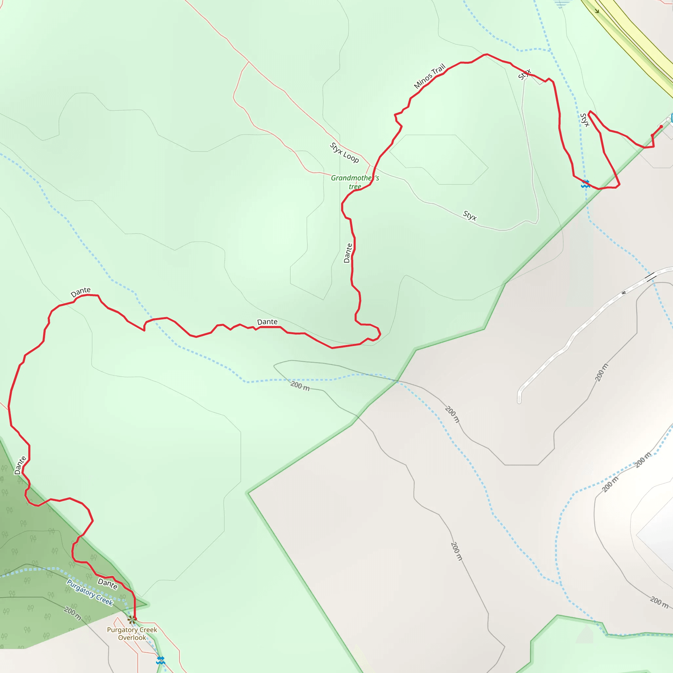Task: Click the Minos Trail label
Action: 429,76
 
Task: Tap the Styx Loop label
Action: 344,152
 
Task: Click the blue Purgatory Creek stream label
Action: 90,592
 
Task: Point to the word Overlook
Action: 132,638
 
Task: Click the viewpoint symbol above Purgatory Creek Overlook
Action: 131,620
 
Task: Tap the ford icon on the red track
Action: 585,184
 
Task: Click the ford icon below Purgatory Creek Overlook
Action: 160,660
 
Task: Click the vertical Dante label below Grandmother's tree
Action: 348,253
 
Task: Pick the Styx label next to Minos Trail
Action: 524,74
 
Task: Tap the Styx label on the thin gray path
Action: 470,216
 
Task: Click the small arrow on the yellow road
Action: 597,11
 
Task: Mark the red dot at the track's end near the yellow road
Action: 661,127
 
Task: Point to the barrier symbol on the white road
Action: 623,292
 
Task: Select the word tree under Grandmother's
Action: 355,187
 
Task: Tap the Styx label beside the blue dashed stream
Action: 585,120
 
